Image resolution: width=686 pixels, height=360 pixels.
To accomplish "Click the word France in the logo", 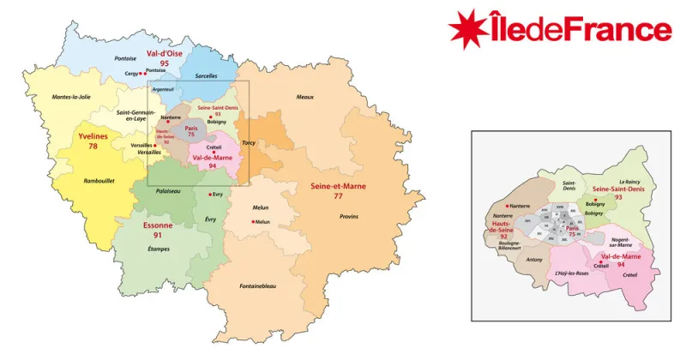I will click(x=623, y=30).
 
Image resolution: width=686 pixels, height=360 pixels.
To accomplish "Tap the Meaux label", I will click(x=305, y=97).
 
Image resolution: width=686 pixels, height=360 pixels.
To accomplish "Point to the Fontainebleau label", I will click(x=257, y=285).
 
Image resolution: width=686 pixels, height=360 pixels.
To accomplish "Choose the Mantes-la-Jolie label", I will click(x=71, y=97).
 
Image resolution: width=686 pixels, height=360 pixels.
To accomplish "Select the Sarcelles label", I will click(x=207, y=75).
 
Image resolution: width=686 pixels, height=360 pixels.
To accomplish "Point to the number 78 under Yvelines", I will click(x=93, y=147).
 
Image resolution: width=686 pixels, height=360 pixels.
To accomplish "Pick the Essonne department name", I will click(x=158, y=225).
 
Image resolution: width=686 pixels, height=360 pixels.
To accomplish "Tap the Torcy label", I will click(x=249, y=143).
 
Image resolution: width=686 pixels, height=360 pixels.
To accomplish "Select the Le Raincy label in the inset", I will click(x=629, y=182).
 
